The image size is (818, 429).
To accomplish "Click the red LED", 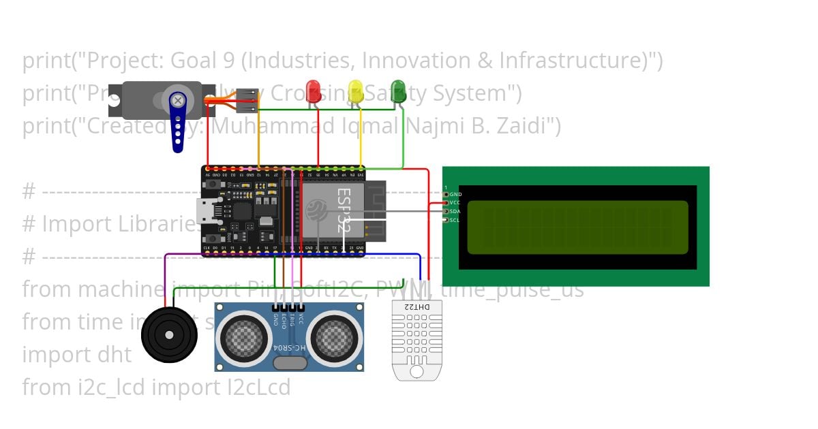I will pyautogui.click(x=313, y=91).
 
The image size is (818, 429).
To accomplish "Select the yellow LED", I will pyautogui.click(x=355, y=91).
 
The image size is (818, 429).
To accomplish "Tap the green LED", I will pyautogui.click(x=398, y=91).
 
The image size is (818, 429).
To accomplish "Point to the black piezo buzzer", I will pyautogui.click(x=169, y=335).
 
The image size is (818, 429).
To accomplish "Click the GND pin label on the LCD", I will pyautogui.click(x=455, y=195).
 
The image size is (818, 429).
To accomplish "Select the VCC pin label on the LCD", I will pyautogui.click(x=455, y=203).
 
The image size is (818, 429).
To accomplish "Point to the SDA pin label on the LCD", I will pyautogui.click(x=455, y=211).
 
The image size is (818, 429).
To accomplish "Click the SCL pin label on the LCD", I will pyautogui.click(x=455, y=220).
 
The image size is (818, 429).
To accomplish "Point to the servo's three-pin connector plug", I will pyautogui.click(x=247, y=100).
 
